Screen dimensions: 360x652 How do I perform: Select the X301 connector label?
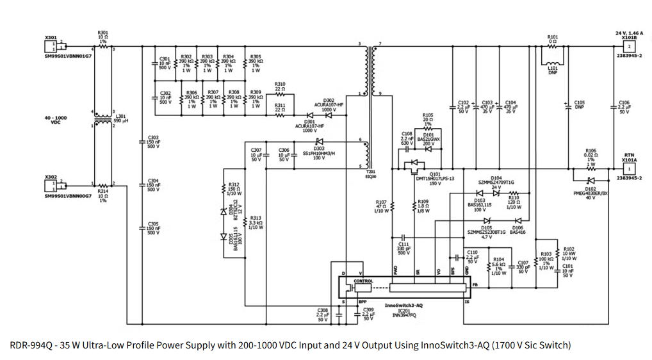(x=50, y=38)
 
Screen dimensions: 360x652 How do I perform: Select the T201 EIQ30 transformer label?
(x=370, y=174)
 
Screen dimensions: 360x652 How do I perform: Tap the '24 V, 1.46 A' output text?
(x=629, y=33)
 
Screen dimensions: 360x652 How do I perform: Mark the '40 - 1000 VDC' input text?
(x=55, y=120)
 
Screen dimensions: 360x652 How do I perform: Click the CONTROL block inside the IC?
(x=363, y=281)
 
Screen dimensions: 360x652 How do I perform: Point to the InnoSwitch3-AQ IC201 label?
(x=403, y=310)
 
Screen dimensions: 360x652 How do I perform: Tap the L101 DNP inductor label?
(x=553, y=70)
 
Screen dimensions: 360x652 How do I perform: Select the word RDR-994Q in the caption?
(x=30, y=345)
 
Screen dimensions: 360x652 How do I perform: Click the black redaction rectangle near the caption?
(x=599, y=332)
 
